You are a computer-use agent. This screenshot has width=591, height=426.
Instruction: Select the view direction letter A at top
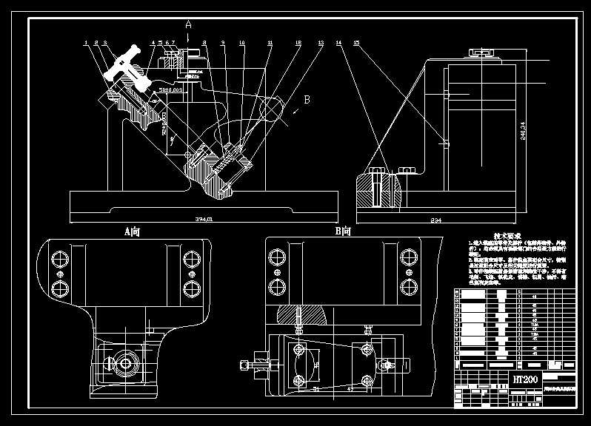pos(188,24)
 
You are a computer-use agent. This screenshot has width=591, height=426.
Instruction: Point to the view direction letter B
pos(306,98)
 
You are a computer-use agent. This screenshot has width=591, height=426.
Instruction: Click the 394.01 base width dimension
pos(203,220)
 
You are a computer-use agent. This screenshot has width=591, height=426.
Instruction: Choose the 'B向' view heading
pos(343,231)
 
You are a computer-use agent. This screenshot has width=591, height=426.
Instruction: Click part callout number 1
pos(86,43)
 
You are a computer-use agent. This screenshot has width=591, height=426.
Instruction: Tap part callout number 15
pos(356,43)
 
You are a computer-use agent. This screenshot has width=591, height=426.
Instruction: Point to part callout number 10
pos(241,43)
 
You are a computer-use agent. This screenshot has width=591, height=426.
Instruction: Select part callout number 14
pos(338,43)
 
